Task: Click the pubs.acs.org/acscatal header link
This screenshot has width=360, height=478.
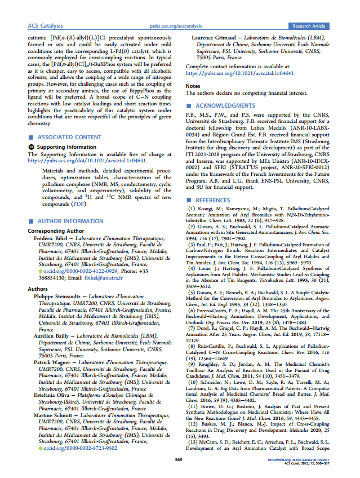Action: (179, 26)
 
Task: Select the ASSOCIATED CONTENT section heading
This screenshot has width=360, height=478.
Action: (69, 137)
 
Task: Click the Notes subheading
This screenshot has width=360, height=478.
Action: (193, 86)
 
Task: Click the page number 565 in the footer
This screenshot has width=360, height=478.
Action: (179, 460)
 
